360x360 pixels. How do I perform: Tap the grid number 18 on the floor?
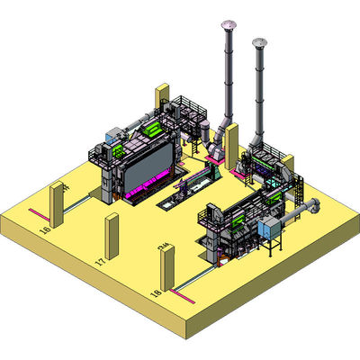[156, 293]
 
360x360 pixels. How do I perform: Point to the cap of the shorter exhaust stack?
[261, 42]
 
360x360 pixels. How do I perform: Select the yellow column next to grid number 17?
[112, 235]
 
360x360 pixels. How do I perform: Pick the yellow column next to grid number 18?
[167, 269]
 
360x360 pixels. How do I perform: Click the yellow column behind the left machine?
[163, 99]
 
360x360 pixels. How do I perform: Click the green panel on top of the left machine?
[154, 131]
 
